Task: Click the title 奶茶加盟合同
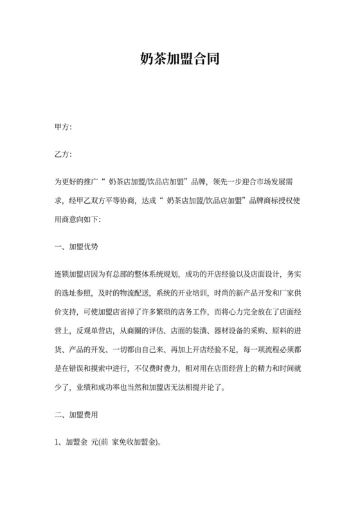tap(180, 61)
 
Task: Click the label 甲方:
tap(64, 127)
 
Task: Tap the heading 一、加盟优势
tap(76, 246)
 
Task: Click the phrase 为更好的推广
tap(75, 181)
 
